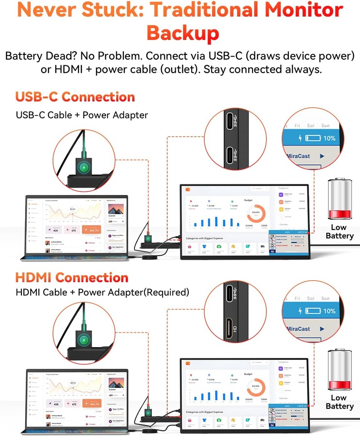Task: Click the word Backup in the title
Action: (183, 33)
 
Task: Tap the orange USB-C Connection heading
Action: (75, 97)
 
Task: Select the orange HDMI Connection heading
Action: (71, 278)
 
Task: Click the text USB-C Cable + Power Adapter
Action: (82, 115)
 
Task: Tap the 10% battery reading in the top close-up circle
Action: (329, 138)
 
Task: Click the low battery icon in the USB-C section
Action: (340, 199)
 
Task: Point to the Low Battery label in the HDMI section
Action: (339, 402)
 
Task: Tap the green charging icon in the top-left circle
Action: (84, 167)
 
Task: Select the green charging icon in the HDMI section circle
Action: (84, 340)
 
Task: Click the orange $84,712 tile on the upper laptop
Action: (92, 231)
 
